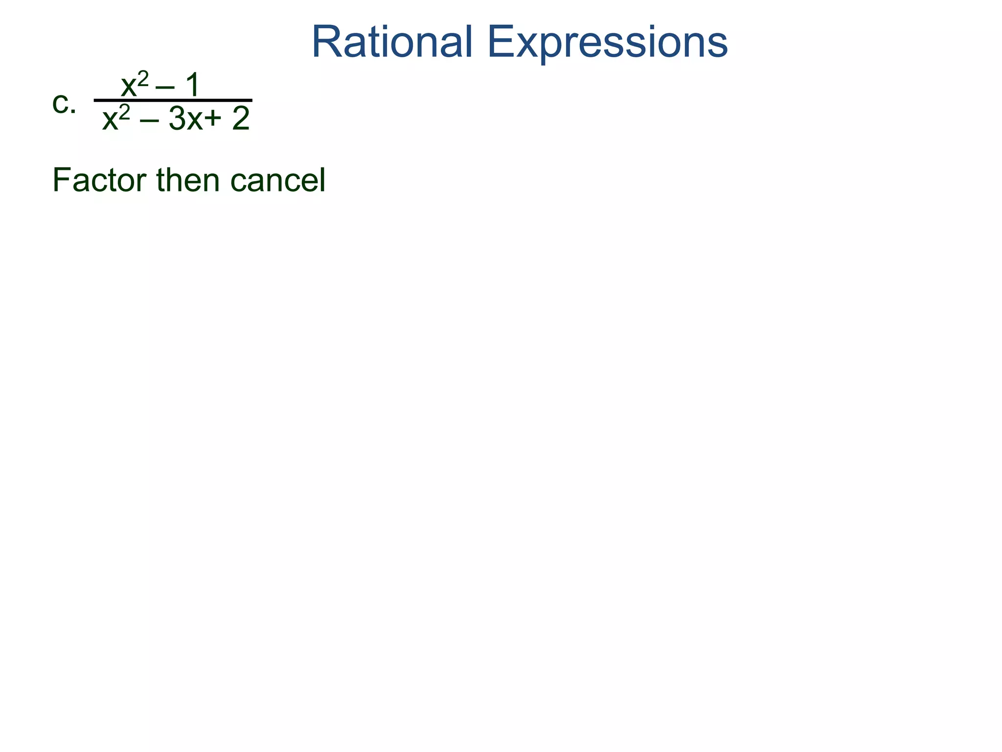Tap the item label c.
tap(64, 104)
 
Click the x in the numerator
tap(129, 87)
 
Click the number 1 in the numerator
tap(192, 85)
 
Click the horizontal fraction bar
tap(173, 100)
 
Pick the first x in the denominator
tap(110, 120)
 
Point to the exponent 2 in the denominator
tap(125, 112)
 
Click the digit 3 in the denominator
tap(177, 119)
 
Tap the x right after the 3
tap(195, 121)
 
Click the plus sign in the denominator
tap(213, 119)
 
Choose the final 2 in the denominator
tap(241, 119)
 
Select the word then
tap(188, 180)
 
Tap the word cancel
tap(277, 180)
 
